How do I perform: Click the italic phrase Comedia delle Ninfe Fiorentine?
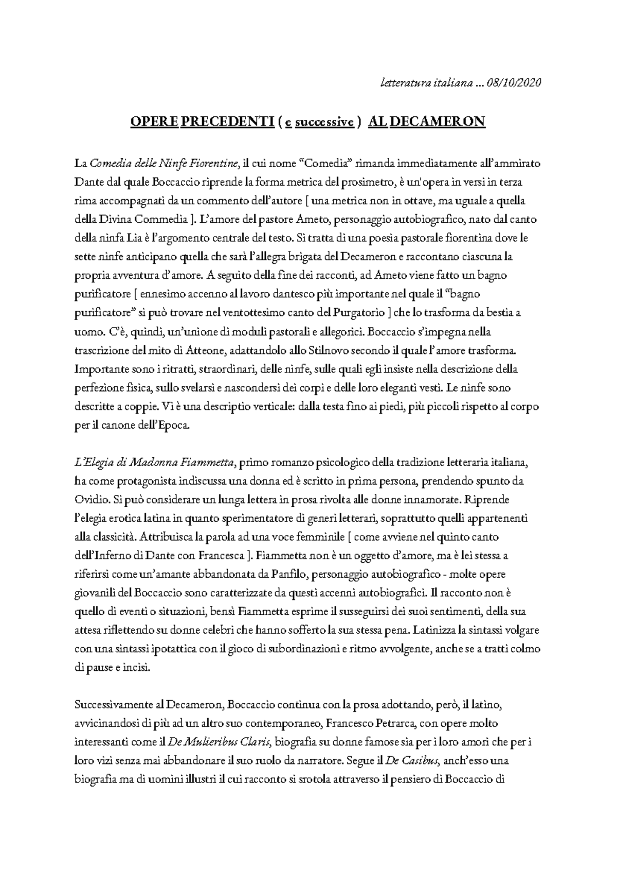[x=165, y=164]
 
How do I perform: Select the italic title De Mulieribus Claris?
[x=223, y=742]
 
